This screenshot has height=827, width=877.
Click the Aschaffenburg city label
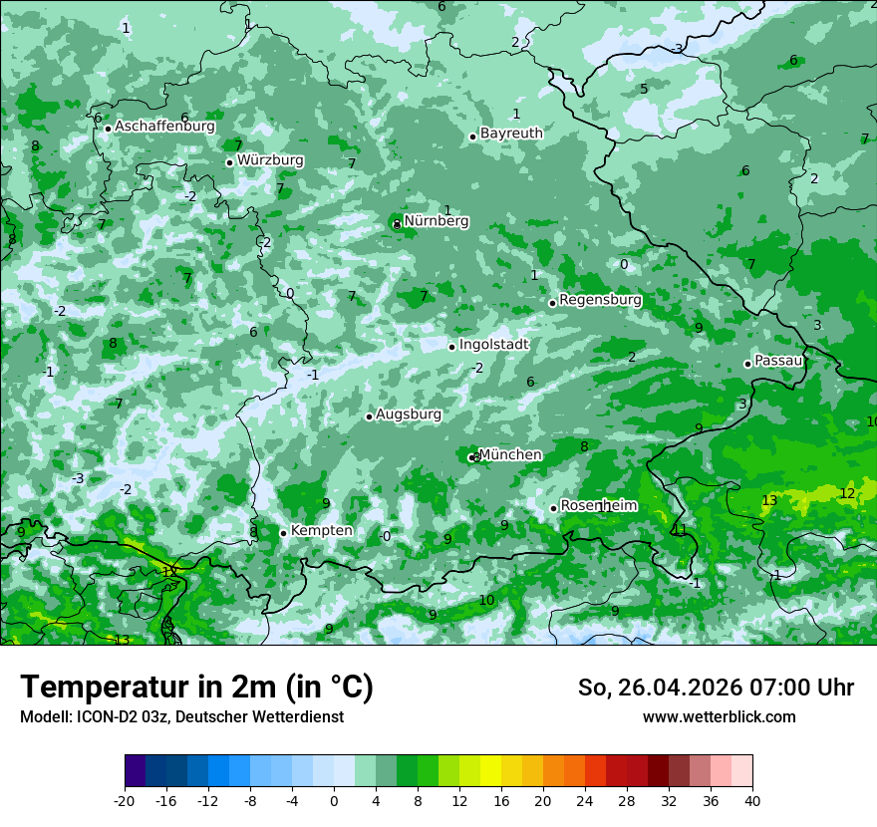click(164, 127)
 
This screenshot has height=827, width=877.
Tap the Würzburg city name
click(270, 160)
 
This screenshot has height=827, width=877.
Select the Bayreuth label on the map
click(511, 134)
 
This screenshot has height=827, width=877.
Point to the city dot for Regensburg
click(552, 303)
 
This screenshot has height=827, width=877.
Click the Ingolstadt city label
click(493, 345)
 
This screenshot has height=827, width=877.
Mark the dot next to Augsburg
click(369, 416)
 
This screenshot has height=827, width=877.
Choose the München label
click(510, 455)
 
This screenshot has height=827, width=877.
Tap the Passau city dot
click(747, 364)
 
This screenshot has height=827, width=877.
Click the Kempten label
click(321, 531)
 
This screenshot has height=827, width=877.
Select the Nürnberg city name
click(436, 221)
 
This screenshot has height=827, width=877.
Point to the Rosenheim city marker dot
click(553, 508)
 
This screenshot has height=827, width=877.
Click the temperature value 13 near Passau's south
click(769, 500)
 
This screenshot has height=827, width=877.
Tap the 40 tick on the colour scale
click(752, 800)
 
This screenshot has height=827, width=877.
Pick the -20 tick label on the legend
click(125, 800)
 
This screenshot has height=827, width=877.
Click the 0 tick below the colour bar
click(334, 800)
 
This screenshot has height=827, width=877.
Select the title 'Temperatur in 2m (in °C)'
click(196, 688)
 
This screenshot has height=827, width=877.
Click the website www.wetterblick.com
click(719, 717)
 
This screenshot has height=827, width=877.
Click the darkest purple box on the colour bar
click(135, 771)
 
